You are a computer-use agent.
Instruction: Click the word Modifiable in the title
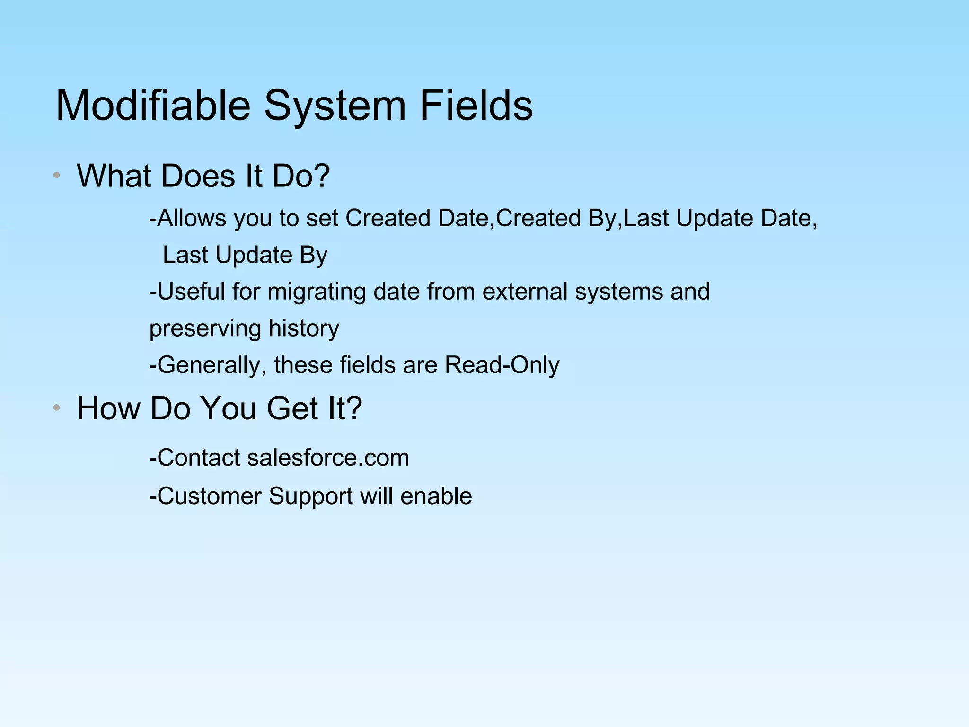pyautogui.click(x=153, y=106)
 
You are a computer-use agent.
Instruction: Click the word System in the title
pyautogui.click(x=335, y=106)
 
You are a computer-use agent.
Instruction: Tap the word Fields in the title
pyautogui.click(x=476, y=106)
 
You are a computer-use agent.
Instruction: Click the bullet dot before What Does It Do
pyautogui.click(x=57, y=175)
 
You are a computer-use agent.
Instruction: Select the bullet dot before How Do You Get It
pyautogui.click(x=57, y=408)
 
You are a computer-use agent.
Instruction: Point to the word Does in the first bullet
pyautogui.click(x=198, y=176)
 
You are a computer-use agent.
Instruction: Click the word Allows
pyautogui.click(x=191, y=218)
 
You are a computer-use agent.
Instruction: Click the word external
pyautogui.click(x=524, y=291)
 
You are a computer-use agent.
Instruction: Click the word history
pyautogui.click(x=304, y=328)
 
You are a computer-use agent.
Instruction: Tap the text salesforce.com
pyautogui.click(x=328, y=458)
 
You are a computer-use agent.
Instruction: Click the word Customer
pyautogui.click(x=209, y=496)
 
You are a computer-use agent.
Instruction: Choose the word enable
pyautogui.click(x=436, y=496)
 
